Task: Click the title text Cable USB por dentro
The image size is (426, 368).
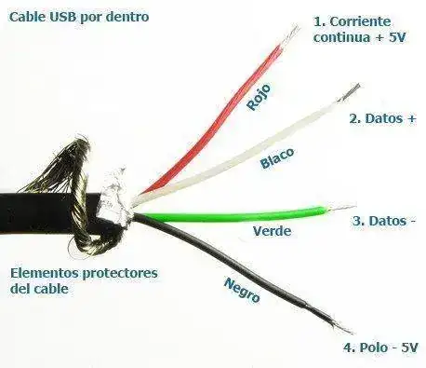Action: (79, 17)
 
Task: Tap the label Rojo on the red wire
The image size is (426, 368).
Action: (259, 97)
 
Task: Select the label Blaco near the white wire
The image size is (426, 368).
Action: (277, 158)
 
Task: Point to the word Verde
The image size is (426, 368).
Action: (273, 231)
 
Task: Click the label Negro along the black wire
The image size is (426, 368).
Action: (242, 291)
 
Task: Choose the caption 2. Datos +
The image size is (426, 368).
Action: (382, 118)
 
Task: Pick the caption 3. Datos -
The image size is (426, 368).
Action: (384, 221)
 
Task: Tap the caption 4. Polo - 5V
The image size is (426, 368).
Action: (380, 348)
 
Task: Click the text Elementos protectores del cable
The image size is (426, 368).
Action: (84, 281)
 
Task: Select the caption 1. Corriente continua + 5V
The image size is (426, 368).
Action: (360, 30)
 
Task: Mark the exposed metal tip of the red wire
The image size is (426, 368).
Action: (291, 34)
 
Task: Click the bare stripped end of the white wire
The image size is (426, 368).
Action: (350, 92)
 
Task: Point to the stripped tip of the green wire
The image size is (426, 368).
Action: (341, 208)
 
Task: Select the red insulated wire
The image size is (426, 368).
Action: (217, 119)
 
